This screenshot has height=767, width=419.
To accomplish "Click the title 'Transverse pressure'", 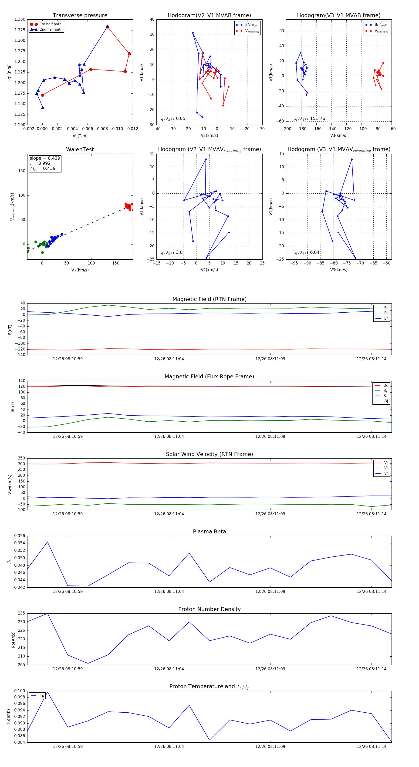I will pos(80,16).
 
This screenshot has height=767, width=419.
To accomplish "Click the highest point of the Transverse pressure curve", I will pos(107,27).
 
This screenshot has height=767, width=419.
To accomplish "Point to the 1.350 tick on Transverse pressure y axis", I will pos(20,19).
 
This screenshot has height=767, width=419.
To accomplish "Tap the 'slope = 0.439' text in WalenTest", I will pos(45,158).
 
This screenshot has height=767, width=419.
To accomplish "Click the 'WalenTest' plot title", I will pos(80,149).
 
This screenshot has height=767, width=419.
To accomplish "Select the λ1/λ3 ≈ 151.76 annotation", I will pos(309,119).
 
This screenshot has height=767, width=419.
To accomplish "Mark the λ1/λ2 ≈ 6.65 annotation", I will pos(172,119).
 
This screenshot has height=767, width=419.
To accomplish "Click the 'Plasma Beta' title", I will pos(209,532).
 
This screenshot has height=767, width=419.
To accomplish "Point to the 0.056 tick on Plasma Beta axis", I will pos(20,536).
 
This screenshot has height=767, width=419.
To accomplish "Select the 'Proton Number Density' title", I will pos(209,609).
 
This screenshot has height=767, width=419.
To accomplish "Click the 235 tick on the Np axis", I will pos(21,613).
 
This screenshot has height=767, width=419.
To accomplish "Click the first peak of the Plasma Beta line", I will pos(47,542).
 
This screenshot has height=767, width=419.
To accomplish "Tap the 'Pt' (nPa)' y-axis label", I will pos(10,72).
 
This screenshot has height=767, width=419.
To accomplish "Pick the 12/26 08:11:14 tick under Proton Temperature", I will pos(371,747).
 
